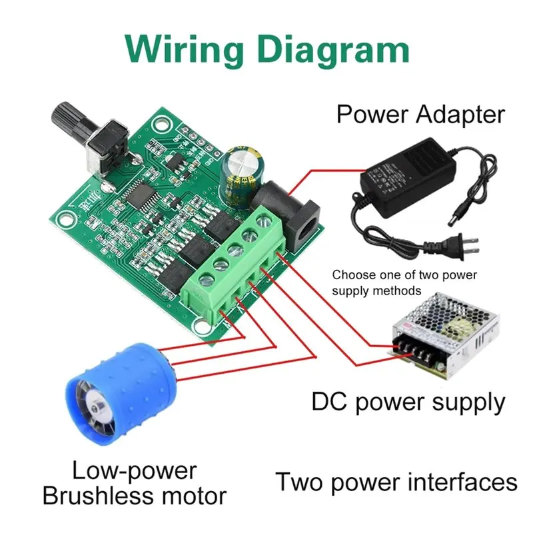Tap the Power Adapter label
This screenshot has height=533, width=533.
tap(420, 114)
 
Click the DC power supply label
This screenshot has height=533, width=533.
tap(408, 402)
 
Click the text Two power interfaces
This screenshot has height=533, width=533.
tap(396, 482)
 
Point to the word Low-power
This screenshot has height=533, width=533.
tap(135, 471)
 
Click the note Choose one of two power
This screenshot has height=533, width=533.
tap(404, 274)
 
